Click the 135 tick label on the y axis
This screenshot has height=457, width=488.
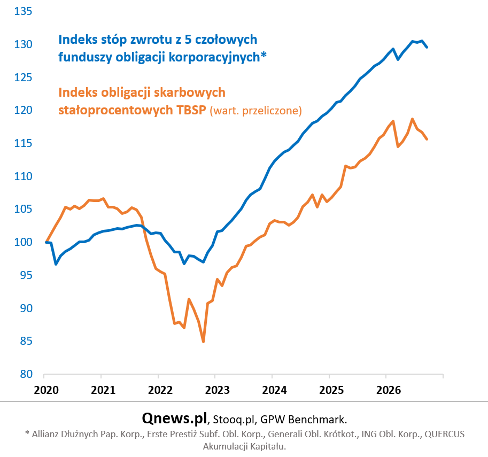coord(23,11)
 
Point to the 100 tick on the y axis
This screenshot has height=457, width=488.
coord(23,242)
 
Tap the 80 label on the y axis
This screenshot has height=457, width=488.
coord(26,374)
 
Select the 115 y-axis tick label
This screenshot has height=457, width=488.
coord(23,143)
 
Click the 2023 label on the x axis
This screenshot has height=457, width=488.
coord(217,390)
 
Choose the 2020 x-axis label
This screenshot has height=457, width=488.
coord(46,390)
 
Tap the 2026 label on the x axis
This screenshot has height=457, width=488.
coord(389,390)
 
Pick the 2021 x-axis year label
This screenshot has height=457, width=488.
coord(103,390)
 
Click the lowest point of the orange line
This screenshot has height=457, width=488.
coord(203,342)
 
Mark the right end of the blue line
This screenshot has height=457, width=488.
coord(427,47)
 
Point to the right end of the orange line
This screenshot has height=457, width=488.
coord(427,139)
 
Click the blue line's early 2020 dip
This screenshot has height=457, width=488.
coord(56,264)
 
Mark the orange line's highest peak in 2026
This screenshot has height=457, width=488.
coord(413,119)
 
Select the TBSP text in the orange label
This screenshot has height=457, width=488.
coord(191,110)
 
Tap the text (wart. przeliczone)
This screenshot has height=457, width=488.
coord(256,111)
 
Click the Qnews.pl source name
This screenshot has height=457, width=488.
coord(174,418)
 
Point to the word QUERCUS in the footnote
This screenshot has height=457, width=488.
coord(444,434)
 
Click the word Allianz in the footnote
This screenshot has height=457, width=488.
coord(44,434)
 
